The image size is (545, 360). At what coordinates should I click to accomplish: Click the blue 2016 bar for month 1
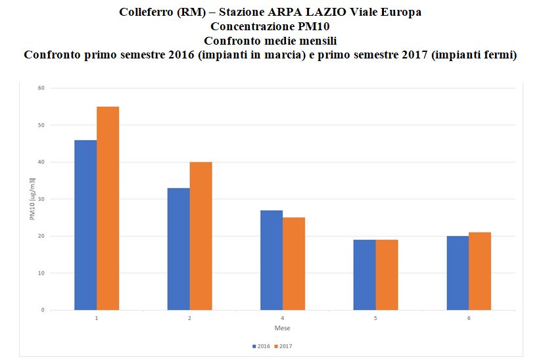pos(85,225)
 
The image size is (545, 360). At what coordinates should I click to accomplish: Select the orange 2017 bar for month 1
pos(108,208)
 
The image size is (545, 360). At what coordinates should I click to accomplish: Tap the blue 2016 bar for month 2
pos(178,249)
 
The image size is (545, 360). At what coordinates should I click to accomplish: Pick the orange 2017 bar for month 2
pos(201,236)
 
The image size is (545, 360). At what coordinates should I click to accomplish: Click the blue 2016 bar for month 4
pos(272,260)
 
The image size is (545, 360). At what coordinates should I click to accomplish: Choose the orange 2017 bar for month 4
pos(294,263)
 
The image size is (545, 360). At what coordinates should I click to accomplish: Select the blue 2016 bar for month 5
pos(364,275)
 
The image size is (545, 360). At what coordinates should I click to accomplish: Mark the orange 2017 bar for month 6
pos(480,271)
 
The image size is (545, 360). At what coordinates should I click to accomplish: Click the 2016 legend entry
pos(260,345)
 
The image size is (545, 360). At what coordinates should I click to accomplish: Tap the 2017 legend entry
pos(283,345)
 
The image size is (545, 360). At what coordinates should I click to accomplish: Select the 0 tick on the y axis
pos(42,310)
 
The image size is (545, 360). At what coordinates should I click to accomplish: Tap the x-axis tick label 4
pos(283,319)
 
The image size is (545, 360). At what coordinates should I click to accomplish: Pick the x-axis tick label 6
pos(469,319)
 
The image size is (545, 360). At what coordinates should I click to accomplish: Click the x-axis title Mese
pos(283,328)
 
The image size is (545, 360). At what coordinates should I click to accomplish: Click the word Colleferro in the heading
pos(146,12)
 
